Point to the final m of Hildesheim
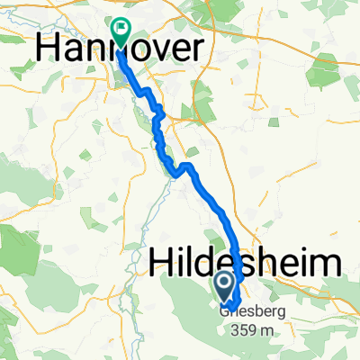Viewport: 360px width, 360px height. click(x=326, y=265)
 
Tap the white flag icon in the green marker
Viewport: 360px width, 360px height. click(x=120, y=30)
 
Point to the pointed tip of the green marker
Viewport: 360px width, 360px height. click(x=120, y=47)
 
